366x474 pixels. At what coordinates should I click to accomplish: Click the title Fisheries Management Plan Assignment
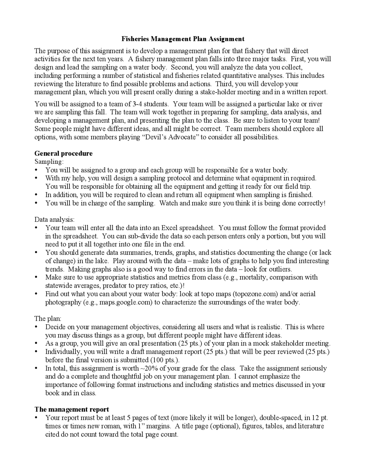coord(183,39)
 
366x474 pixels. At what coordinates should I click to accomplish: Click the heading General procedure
coord(63,153)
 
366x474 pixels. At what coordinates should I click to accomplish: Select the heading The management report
coord(71,409)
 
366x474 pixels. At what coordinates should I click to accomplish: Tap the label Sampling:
coord(49,162)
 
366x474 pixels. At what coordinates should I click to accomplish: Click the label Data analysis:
coord(54,220)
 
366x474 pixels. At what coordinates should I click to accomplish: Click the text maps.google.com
coord(126,302)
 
